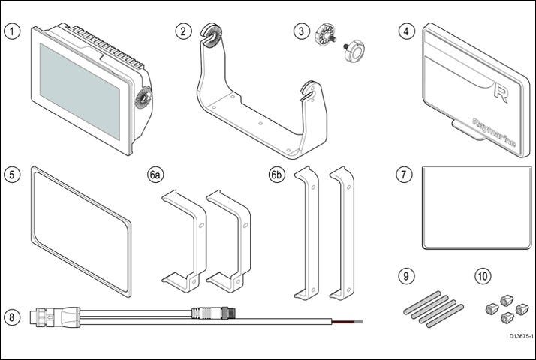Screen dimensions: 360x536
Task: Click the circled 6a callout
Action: [x=155, y=175]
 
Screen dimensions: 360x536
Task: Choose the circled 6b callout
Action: [x=277, y=175]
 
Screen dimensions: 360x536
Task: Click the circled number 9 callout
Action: [x=406, y=276]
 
